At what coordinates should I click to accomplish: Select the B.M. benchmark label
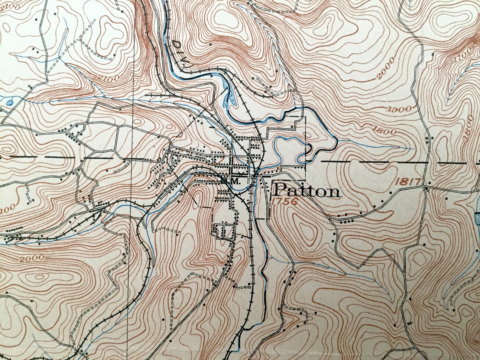pos(231,182)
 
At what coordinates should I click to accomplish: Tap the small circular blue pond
pos(11,103)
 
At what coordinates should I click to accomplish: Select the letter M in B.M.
pos(235,182)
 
